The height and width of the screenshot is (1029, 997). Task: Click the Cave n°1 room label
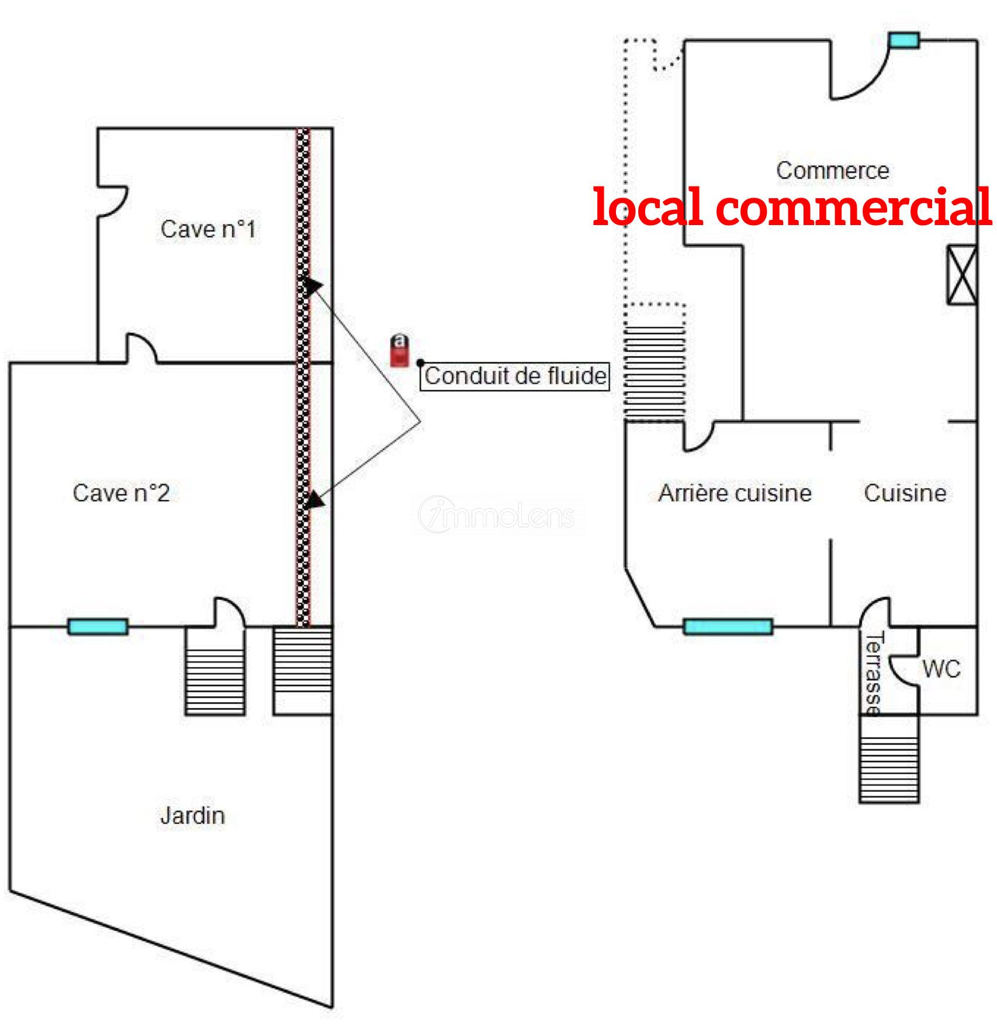[x=208, y=229]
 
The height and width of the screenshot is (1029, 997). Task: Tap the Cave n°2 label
[x=121, y=493]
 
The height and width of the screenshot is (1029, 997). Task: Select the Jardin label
[x=192, y=816]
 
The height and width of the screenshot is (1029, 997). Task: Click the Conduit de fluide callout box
[x=515, y=376]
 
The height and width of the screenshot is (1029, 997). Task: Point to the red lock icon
[x=400, y=350]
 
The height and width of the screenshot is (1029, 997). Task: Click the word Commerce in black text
[x=832, y=171]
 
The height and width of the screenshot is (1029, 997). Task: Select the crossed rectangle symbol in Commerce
[x=961, y=275]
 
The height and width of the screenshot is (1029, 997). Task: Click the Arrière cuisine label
[x=735, y=493]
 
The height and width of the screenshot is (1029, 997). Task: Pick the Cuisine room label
[x=905, y=493]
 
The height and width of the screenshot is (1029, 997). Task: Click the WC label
[x=941, y=669]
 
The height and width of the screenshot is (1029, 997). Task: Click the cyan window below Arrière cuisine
[x=728, y=627]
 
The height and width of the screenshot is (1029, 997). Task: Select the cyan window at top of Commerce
[x=903, y=40]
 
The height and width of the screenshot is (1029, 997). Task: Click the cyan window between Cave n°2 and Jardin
[x=98, y=627]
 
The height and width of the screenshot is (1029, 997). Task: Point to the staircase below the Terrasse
[x=889, y=759]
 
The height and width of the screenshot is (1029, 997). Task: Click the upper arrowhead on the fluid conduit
[x=313, y=285]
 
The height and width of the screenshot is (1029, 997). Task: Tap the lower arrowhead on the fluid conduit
[x=315, y=500]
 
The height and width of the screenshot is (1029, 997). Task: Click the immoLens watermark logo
[x=497, y=514]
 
